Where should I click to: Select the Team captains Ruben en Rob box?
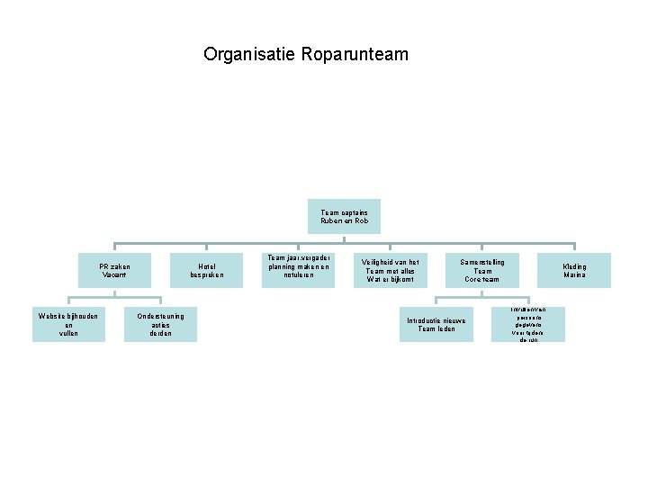(x=344, y=216)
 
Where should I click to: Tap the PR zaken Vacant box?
(x=114, y=270)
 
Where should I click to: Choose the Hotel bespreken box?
(x=206, y=270)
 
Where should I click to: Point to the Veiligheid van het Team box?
(x=390, y=270)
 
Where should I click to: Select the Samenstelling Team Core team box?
(x=482, y=270)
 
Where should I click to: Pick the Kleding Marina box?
(x=574, y=270)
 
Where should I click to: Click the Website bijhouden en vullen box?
(x=68, y=324)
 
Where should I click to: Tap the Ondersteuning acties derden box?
(x=160, y=324)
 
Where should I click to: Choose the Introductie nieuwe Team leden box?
(x=436, y=324)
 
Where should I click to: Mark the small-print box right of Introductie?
(x=528, y=324)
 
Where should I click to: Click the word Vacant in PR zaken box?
(x=114, y=274)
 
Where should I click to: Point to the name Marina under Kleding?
(x=574, y=274)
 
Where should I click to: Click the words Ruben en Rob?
(x=344, y=220)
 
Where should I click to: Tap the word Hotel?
(x=206, y=266)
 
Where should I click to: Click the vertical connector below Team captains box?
(x=344, y=238)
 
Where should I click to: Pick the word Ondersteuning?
(x=160, y=316)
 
